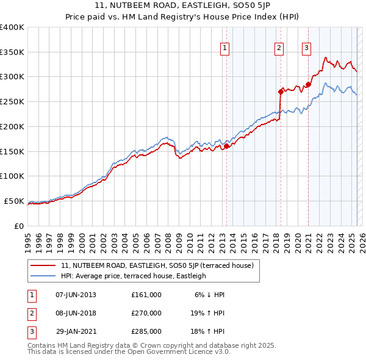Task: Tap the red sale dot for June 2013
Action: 226,146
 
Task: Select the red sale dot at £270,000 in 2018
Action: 281,92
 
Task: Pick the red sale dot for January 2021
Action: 308,84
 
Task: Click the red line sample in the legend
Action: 43,265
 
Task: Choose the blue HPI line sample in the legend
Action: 43,276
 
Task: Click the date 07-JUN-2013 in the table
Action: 76,295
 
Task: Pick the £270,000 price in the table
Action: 146,313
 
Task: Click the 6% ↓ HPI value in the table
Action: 210,295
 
